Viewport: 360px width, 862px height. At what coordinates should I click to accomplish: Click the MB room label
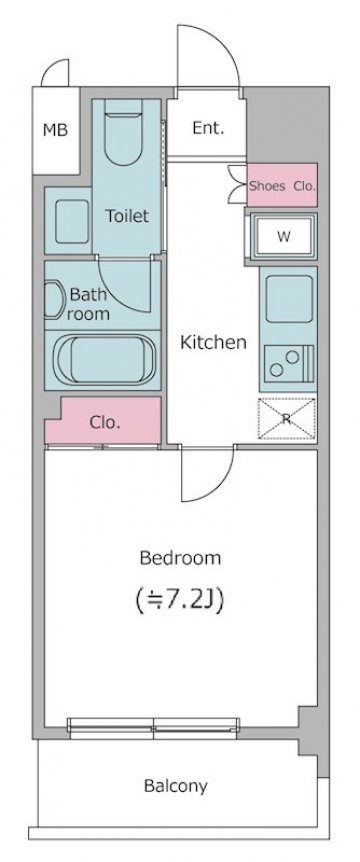tap(56, 130)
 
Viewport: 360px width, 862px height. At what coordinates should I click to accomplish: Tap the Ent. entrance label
tap(208, 128)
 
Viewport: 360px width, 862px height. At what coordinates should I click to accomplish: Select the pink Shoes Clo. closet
tap(282, 185)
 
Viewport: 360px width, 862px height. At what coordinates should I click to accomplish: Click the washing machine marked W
tap(284, 236)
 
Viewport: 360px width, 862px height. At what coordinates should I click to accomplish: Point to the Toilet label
tap(127, 216)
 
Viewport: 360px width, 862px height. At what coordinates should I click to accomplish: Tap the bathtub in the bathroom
tap(103, 361)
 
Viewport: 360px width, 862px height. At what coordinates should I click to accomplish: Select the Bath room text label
tap(89, 304)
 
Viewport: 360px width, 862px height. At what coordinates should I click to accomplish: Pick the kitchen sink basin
tap(289, 299)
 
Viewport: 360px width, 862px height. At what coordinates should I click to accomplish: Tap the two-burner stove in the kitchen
tap(289, 363)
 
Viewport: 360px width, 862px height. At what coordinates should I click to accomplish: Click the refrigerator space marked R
tap(287, 418)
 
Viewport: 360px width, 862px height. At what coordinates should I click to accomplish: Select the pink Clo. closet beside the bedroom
tap(103, 421)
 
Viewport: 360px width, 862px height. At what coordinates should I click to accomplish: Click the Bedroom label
tap(180, 559)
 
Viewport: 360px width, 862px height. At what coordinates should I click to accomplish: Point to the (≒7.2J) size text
tap(180, 601)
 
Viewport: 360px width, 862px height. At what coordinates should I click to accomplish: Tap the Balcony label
tap(176, 786)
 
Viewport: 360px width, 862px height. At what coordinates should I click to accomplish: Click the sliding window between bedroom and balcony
tap(154, 727)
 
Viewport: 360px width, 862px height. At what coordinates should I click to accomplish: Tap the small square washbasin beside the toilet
tap(71, 221)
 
